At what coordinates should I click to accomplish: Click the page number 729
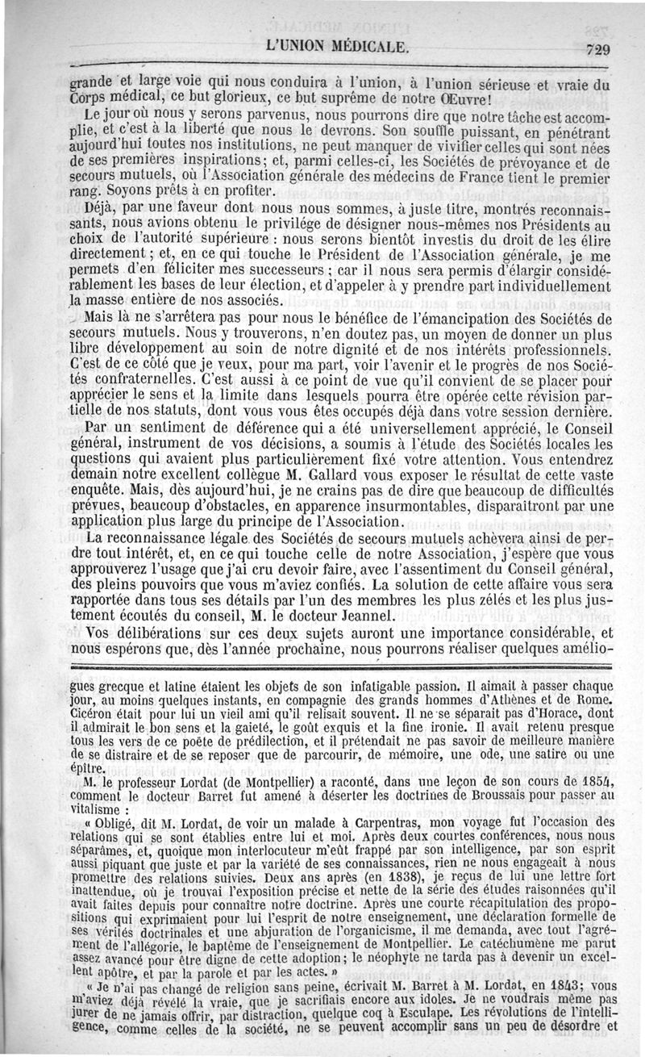tap(598, 48)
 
